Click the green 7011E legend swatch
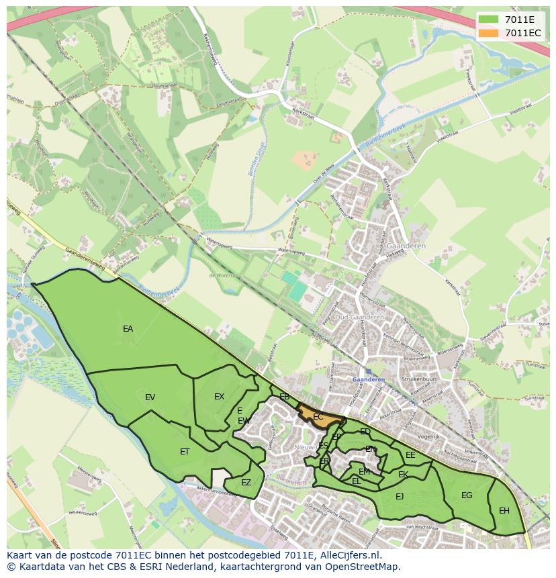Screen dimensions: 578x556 tap(488, 19)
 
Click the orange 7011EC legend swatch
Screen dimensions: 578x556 tap(488, 33)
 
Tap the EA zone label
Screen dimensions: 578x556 tap(128, 329)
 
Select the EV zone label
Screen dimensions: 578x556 tap(150, 397)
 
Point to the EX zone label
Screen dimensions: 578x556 tap(219, 397)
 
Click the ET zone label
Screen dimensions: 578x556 tap(185, 452)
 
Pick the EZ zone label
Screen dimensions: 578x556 tap(246, 482)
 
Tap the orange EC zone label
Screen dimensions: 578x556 tap(318, 417)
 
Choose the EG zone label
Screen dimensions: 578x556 tap(467, 495)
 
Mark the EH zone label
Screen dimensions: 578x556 tap(504, 510)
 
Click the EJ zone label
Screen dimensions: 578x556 tap(400, 497)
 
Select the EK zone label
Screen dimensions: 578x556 tap(403, 475)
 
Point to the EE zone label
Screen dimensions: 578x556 tap(410, 455)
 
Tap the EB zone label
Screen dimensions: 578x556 tap(284, 397)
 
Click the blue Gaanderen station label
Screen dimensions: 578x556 tap(369, 379)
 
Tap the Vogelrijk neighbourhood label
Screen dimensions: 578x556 tap(428, 436)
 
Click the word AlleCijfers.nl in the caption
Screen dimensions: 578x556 tap(349, 555)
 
